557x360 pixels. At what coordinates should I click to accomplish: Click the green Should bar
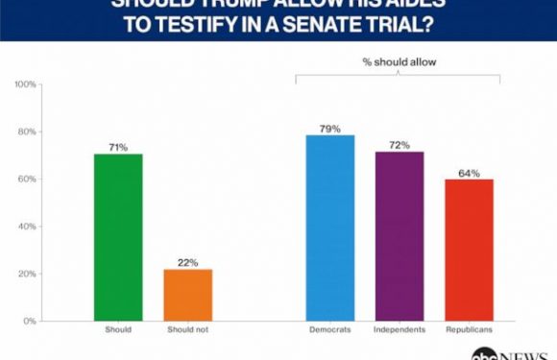pyautogui.click(x=119, y=237)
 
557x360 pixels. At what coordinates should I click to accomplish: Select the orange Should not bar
pyautogui.click(x=188, y=295)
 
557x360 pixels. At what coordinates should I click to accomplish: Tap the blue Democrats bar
pyautogui.click(x=330, y=228)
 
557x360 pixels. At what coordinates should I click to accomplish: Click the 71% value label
pyautogui.click(x=119, y=147)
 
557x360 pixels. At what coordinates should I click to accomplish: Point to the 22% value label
pyautogui.click(x=188, y=262)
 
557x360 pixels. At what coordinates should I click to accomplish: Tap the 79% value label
pyautogui.click(x=330, y=128)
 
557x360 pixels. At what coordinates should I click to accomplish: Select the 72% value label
pyautogui.click(x=400, y=145)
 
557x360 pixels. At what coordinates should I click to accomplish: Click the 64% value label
pyautogui.click(x=468, y=172)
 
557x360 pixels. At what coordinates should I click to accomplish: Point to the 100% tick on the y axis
pyautogui.click(x=26, y=84)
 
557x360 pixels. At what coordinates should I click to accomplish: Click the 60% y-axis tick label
pyautogui.click(x=28, y=179)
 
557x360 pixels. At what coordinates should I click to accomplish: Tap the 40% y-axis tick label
pyautogui.click(x=28, y=227)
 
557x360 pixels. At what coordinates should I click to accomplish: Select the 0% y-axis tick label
pyautogui.click(x=31, y=321)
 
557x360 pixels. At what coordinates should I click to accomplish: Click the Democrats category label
pyautogui.click(x=330, y=332)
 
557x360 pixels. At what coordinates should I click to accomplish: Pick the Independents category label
pyautogui.click(x=400, y=332)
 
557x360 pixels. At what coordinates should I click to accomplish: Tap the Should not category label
pyautogui.click(x=188, y=332)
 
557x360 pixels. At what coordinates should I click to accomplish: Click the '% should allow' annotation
pyautogui.click(x=400, y=63)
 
